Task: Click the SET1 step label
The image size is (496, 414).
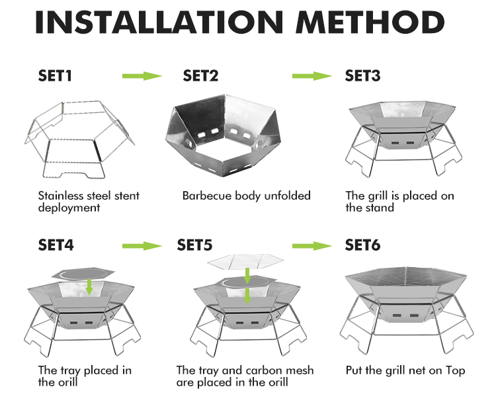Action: coord(55,76)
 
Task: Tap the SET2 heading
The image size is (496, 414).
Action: coord(200,76)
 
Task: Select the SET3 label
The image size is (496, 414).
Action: coord(362,76)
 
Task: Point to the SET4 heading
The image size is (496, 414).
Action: coord(56,245)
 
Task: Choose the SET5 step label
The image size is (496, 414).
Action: coord(194,245)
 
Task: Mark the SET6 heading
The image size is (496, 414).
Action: coord(362,245)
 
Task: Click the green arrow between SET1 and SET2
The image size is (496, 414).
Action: coord(142,76)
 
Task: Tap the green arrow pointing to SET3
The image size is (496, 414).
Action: coord(312,76)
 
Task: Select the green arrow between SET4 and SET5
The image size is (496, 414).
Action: coord(142,246)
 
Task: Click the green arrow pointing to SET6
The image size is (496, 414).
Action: coord(312,246)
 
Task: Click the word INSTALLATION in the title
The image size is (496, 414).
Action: coord(159,22)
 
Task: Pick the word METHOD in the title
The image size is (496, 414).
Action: coord(370,22)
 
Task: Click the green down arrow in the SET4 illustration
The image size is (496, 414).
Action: coord(89,287)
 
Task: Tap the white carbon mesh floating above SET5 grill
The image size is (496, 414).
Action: coord(245,261)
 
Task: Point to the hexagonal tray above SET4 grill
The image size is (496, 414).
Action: coord(83,274)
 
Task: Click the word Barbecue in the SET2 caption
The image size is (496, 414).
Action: coord(207,196)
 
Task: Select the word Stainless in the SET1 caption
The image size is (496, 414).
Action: coord(60,196)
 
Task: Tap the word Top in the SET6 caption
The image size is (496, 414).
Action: coord(456,370)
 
